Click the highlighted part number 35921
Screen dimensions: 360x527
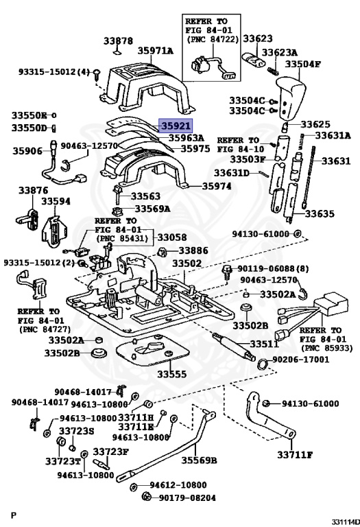pos(176,126)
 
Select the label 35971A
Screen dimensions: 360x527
pos(156,51)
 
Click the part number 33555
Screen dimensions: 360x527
pos(171,374)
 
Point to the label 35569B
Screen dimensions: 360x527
pos(199,460)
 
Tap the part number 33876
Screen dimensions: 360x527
pos(33,191)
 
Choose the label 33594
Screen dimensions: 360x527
pos(56,201)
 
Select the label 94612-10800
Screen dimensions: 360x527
pos(178,485)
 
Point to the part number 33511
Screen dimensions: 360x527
pos(264,344)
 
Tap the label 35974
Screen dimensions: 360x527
pos(217,186)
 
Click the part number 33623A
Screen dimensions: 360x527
pos(279,53)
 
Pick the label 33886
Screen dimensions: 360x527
pos(193,250)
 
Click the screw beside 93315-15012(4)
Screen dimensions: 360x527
pos(97,74)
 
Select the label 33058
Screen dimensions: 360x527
pos(172,237)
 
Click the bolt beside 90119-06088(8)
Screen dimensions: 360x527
pos(227,271)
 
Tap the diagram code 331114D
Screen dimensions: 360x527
pos(346,522)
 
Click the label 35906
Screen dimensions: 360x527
pos(27,151)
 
